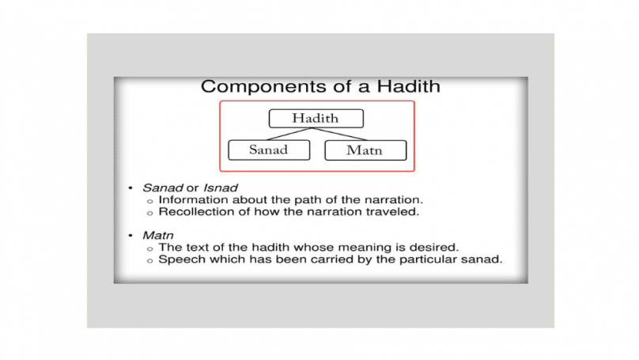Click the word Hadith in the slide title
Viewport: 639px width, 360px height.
point(408,86)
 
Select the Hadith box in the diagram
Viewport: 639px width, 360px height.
point(316,118)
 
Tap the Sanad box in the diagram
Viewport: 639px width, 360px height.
point(269,150)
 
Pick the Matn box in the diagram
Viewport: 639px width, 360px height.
point(365,150)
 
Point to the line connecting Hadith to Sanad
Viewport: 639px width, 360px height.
point(289,135)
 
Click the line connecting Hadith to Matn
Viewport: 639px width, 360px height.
point(339,135)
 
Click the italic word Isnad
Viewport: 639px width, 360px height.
point(220,188)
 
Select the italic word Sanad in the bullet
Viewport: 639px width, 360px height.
point(162,188)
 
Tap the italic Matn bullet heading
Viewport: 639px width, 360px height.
point(157,236)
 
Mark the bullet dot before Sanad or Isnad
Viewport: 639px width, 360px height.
point(130,188)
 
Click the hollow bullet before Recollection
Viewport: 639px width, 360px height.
point(150,213)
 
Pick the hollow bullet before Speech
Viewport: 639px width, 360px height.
point(150,260)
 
